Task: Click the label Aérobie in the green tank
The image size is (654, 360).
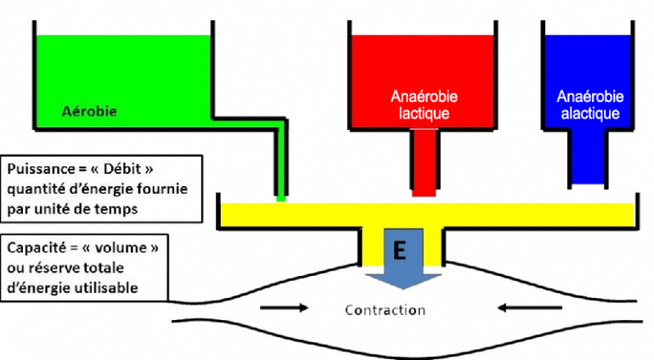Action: tap(89, 110)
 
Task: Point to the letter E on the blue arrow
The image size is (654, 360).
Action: tap(400, 251)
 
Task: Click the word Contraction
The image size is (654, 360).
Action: tap(385, 310)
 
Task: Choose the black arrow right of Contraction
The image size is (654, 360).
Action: tap(520, 307)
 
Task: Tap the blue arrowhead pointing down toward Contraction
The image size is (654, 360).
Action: tap(400, 281)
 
